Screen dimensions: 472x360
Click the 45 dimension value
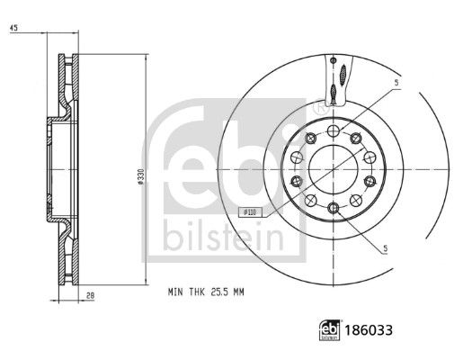(13, 28)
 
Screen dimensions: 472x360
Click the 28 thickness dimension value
(90, 296)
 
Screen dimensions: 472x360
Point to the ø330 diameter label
(140, 176)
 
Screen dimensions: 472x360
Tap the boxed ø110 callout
(250, 212)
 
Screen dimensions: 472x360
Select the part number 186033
(369, 330)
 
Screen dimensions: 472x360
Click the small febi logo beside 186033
(330, 330)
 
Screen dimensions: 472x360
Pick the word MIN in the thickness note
(175, 292)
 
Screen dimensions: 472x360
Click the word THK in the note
(197, 292)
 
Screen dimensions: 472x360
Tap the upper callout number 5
(396, 83)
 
